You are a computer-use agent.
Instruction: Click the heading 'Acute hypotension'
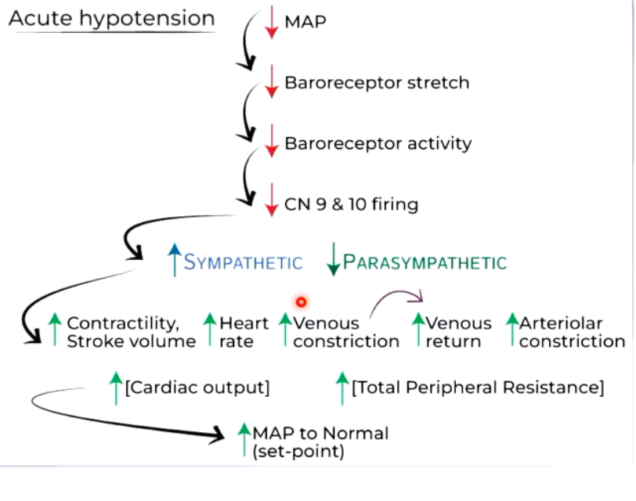tap(111, 18)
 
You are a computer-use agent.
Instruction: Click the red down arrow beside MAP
tap(271, 21)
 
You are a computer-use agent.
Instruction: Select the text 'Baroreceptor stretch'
tap(377, 82)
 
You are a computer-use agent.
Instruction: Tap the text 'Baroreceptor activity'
tap(378, 143)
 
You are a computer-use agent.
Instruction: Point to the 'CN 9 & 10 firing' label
tap(351, 204)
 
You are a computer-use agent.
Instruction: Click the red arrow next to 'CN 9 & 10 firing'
tap(271, 201)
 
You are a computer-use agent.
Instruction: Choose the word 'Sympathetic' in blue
tap(243, 262)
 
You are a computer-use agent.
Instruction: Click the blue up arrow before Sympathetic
tap(174, 260)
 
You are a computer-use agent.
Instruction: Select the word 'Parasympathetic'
tap(425, 262)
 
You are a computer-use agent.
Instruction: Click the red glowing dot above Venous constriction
tap(300, 301)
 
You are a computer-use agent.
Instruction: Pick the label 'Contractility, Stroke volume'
tap(131, 332)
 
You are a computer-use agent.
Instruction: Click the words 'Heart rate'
tap(244, 332)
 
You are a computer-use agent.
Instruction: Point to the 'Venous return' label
tap(458, 332)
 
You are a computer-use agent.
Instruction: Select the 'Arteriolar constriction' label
tap(572, 332)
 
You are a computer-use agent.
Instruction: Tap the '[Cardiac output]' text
tap(197, 387)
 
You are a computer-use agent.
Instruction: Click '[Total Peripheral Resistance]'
tap(478, 387)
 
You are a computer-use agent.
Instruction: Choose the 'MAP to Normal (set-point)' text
tap(320, 442)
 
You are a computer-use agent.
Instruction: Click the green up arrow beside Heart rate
tap(209, 330)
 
